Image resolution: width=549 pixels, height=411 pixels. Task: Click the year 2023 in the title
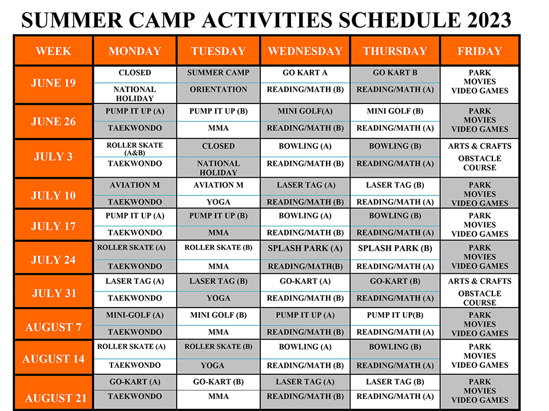(x=489, y=20)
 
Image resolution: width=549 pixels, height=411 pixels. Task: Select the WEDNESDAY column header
(x=305, y=51)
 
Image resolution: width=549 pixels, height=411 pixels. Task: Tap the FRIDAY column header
(x=480, y=51)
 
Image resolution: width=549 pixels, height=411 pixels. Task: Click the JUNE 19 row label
(x=53, y=83)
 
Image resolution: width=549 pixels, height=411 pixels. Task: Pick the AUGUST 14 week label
(x=53, y=359)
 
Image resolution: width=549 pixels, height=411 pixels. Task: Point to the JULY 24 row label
(x=53, y=260)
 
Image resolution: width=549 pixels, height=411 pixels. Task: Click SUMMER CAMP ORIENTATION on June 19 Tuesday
(x=218, y=81)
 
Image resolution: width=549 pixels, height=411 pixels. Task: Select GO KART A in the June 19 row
(x=305, y=73)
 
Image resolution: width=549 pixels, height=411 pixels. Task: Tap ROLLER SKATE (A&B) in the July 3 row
(x=135, y=149)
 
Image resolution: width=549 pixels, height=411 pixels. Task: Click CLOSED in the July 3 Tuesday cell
(x=218, y=146)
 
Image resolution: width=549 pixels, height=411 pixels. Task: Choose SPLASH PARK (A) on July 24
(x=305, y=248)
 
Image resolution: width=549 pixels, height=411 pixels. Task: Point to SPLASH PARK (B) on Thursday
(x=395, y=248)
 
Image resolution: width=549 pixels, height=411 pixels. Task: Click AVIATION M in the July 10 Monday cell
(x=135, y=185)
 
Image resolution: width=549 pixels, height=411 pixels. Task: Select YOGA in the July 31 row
(x=218, y=298)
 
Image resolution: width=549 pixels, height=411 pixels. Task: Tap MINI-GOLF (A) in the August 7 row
(x=135, y=315)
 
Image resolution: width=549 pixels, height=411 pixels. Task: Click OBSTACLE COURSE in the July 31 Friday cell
(x=480, y=298)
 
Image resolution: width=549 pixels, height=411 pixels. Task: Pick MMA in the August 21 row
(x=218, y=396)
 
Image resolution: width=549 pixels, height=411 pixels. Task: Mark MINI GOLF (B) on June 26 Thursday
(x=395, y=111)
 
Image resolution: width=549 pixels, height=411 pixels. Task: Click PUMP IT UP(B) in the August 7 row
(x=395, y=315)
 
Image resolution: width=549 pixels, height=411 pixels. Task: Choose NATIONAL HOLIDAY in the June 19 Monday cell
(x=135, y=94)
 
